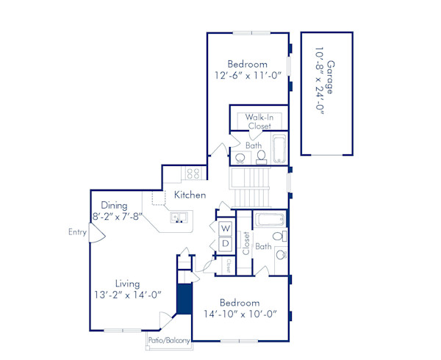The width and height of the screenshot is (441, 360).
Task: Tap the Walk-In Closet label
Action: coord(259,121)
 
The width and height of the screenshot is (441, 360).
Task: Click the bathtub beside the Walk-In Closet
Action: coord(281,150)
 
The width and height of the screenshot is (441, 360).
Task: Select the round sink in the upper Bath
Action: coord(240,157)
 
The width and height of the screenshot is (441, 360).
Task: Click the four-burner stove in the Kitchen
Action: coord(193,174)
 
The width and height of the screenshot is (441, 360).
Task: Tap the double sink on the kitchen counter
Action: coord(179,217)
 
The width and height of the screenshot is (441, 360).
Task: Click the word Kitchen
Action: coord(190,195)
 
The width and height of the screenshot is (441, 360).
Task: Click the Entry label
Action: coord(77,232)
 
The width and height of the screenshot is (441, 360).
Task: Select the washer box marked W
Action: coord(226,228)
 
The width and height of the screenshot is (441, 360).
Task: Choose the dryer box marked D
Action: coord(226,243)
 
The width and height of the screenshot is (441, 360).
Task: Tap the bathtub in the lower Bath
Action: coord(269,219)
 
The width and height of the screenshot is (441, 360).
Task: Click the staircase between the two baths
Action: coord(251,188)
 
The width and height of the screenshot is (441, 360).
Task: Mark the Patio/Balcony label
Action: coord(169,341)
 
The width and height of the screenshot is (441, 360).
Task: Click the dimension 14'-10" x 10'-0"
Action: coord(239,314)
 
